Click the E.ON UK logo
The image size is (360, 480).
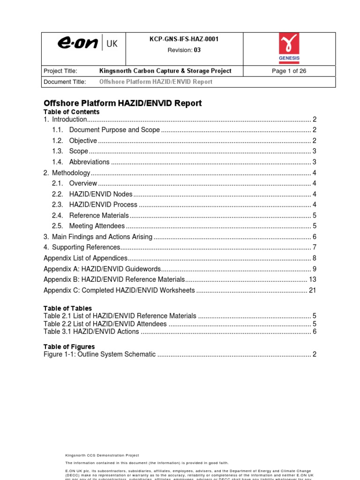coord(88,44)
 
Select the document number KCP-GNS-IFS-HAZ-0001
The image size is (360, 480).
coord(184,39)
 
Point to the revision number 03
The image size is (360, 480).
coord(197,50)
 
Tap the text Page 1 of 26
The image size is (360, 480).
coord(289,71)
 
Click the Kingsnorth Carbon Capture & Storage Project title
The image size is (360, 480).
coord(165,71)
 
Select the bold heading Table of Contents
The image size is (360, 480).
coord(72,112)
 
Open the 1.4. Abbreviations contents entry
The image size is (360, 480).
coord(89,162)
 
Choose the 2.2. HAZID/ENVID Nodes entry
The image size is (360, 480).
coord(101,194)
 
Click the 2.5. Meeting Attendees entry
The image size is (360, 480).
coord(97,226)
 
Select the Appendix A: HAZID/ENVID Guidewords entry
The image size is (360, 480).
coord(102,269)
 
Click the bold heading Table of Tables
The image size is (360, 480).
coord(68,308)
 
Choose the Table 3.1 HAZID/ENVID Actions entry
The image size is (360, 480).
coord(91,332)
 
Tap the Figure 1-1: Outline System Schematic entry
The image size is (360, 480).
coord(99,354)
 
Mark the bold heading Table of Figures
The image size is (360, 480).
coord(69,347)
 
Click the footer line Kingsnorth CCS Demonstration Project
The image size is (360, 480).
coord(102,455)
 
